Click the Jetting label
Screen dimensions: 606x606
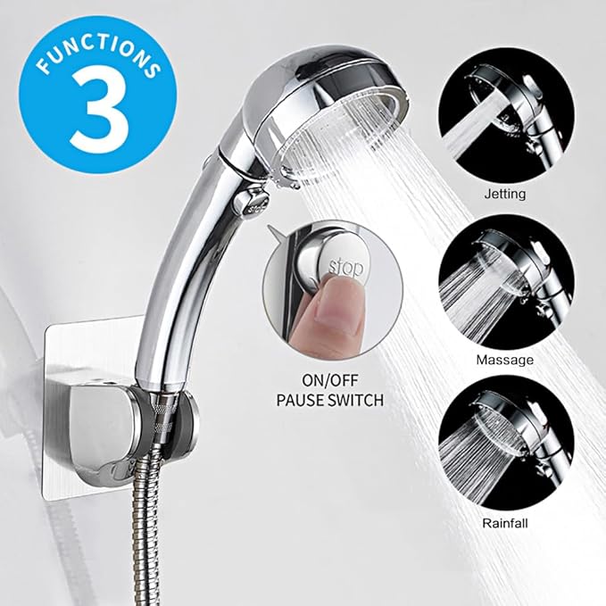(x=506, y=194)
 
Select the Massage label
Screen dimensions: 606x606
(x=505, y=360)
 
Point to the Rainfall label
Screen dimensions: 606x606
(x=505, y=524)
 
